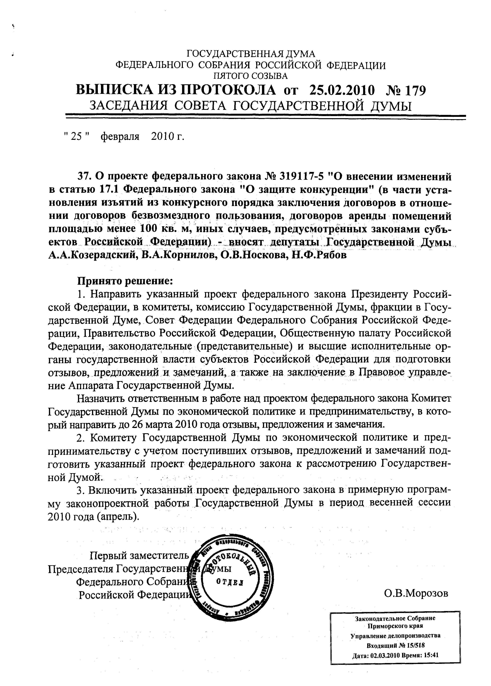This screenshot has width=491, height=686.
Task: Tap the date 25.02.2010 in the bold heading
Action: (342, 90)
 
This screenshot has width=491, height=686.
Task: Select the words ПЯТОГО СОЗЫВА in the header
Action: (251, 76)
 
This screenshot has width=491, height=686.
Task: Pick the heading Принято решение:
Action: (126, 281)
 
